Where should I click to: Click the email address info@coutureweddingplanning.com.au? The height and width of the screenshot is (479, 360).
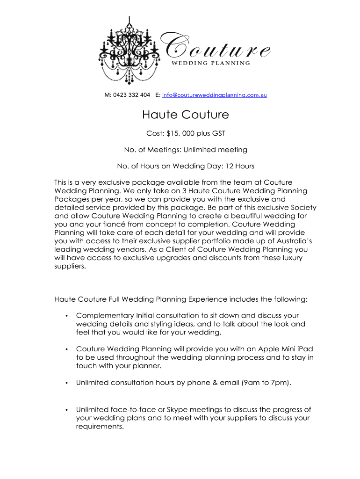click(x=215, y=95)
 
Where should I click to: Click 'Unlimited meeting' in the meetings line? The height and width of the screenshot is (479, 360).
click(x=215, y=150)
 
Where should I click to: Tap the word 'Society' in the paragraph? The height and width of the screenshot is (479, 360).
click(x=303, y=207)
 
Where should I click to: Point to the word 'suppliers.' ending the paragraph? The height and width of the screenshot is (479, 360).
click(x=71, y=266)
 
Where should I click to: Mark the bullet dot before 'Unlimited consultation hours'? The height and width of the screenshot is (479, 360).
click(x=67, y=383)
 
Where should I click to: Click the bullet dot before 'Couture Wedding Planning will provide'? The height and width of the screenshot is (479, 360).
click(x=67, y=349)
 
